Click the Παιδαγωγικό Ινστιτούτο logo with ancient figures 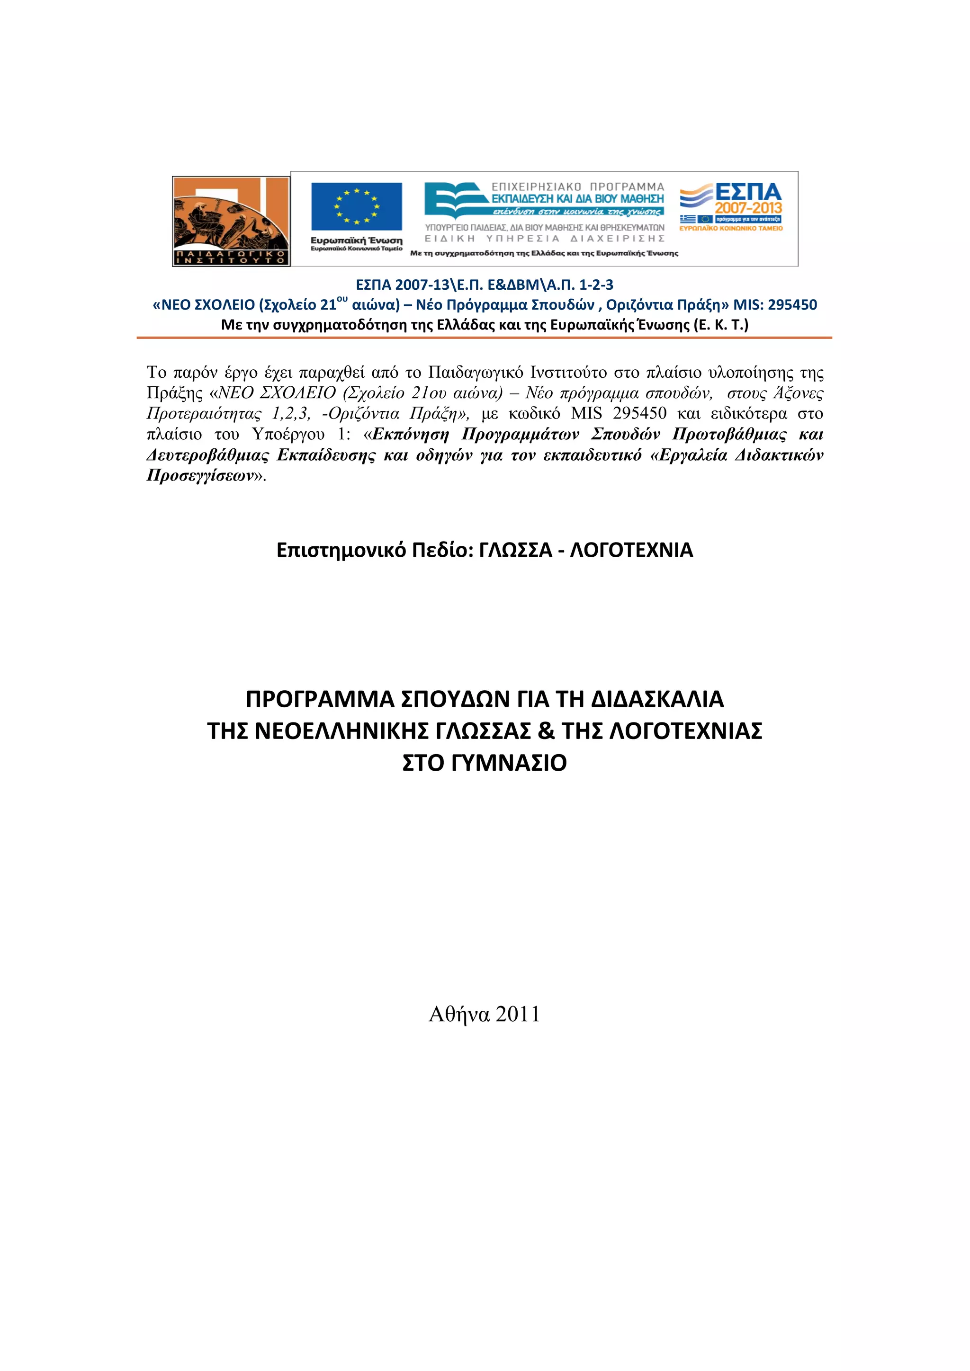pos(231,221)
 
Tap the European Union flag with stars pos(357,206)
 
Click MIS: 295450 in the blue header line pos(775,305)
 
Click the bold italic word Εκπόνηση pos(410,434)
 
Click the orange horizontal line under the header pos(484,338)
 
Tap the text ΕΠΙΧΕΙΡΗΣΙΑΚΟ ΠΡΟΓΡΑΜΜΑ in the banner pos(577,187)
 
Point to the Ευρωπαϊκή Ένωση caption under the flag pos(357,240)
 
